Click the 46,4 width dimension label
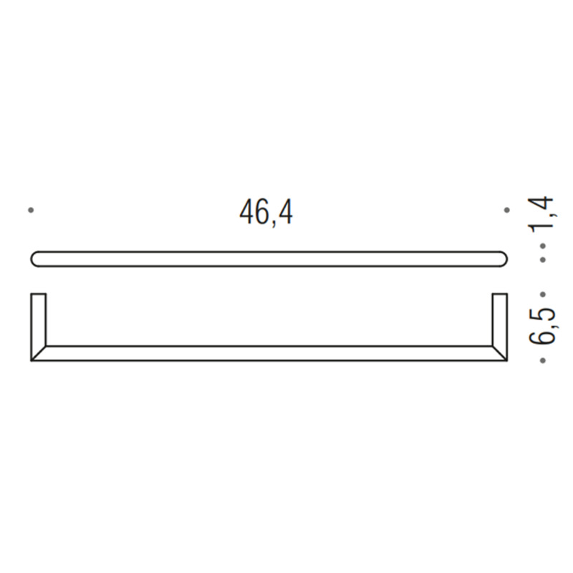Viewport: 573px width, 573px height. pyautogui.click(x=266, y=213)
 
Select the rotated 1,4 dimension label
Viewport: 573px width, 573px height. pyautogui.click(x=543, y=213)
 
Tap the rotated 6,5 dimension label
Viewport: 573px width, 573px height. pyautogui.click(x=543, y=327)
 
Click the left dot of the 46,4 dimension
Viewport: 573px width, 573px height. pyautogui.click(x=31, y=210)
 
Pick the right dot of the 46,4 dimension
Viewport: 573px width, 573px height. pyautogui.click(x=506, y=210)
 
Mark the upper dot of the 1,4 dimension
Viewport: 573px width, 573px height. pyautogui.click(x=543, y=246)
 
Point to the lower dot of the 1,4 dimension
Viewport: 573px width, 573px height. pyautogui.click(x=543, y=259)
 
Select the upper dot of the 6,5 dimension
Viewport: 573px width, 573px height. pyautogui.click(x=543, y=294)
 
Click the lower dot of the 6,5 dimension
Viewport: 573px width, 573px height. pyautogui.click(x=543, y=361)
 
